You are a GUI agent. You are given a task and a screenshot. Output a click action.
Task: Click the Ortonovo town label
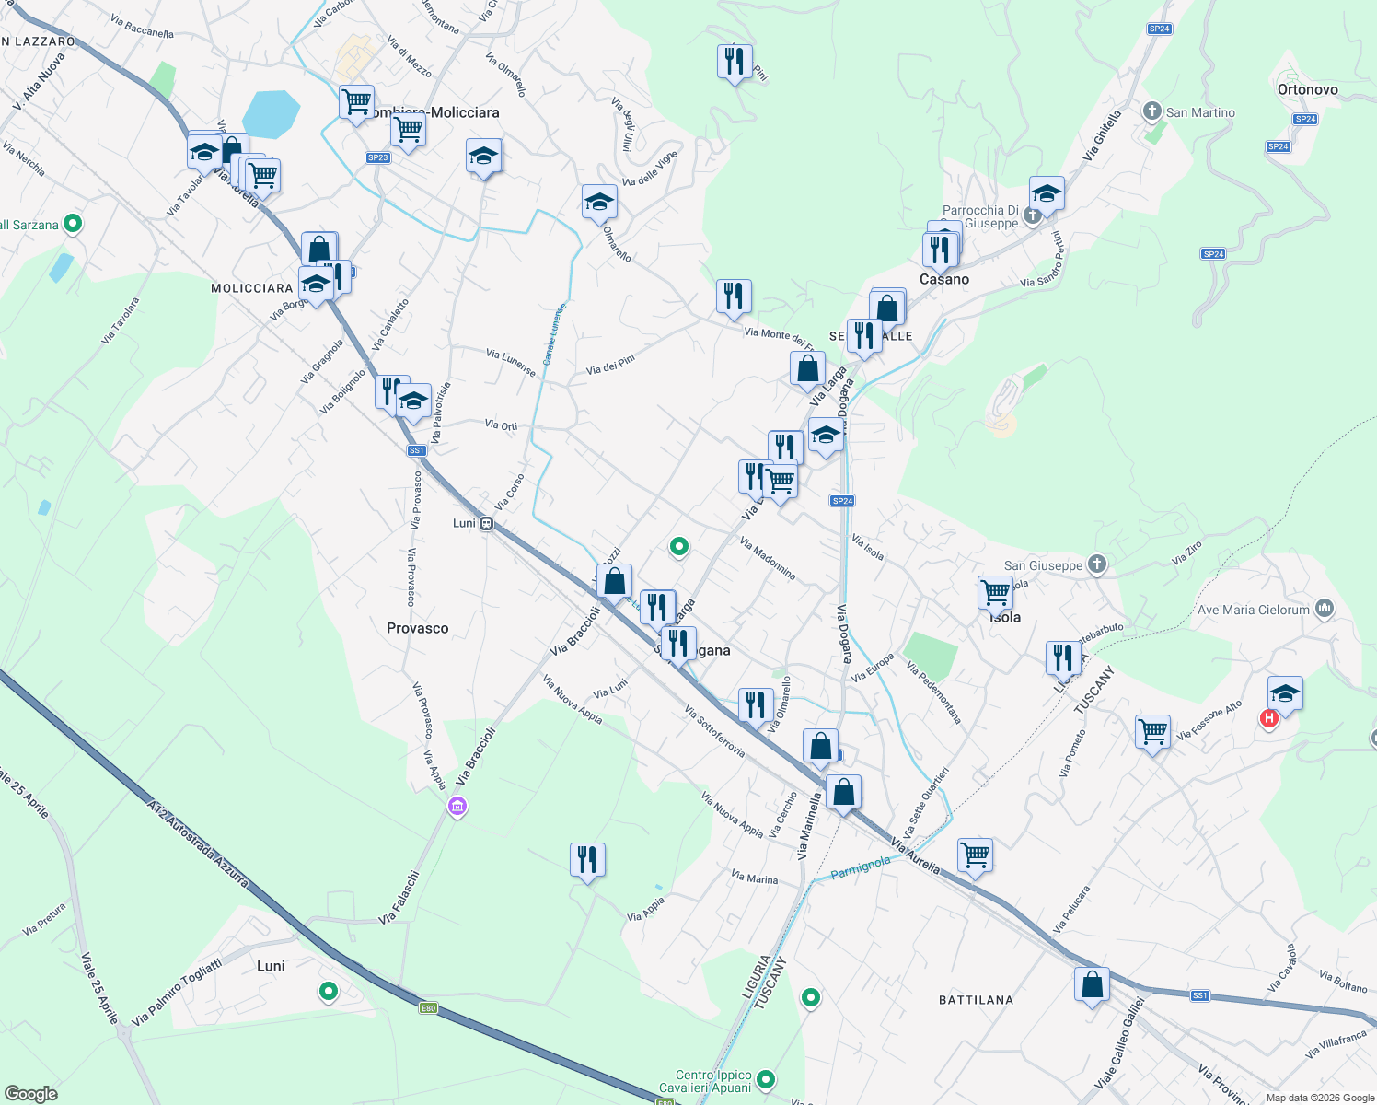coord(1307,89)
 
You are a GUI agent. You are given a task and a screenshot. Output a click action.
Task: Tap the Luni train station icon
coord(486,523)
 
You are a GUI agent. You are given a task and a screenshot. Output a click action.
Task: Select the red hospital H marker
coord(1269,718)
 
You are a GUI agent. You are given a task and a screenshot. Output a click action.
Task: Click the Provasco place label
coord(417,628)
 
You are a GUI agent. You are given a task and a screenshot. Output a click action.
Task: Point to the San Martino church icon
coord(1151,111)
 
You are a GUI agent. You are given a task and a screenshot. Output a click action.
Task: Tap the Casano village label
coord(944,279)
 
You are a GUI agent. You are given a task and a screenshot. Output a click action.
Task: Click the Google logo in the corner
coord(31,1094)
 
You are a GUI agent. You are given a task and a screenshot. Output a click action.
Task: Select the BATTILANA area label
coord(976,1000)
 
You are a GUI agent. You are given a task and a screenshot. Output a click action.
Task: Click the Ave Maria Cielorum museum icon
coord(1325,608)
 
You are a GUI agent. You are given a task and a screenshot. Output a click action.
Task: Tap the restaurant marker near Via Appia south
coord(587,860)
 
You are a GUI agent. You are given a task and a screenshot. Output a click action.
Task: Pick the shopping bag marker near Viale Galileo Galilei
coord(1092,985)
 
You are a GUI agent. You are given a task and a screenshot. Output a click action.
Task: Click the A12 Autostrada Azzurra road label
coord(197,843)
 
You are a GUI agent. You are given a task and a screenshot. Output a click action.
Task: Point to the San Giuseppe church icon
coord(1096,564)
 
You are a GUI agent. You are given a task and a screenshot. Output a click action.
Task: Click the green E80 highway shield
coord(428,1008)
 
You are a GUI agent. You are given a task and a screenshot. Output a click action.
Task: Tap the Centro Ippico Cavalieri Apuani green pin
coord(766,1079)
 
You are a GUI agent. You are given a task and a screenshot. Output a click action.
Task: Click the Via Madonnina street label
coord(768,559)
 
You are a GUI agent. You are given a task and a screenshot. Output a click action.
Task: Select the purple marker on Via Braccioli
coord(457,807)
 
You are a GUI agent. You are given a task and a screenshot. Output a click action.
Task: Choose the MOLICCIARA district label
coord(251,288)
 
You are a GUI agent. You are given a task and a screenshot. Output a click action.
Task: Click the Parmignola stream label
coord(861,867)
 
